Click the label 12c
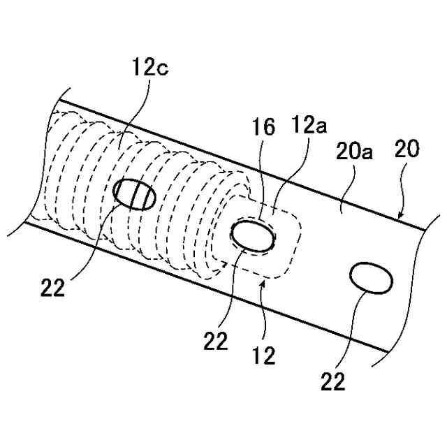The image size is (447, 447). tap(150, 68)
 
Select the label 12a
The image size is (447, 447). tap(307, 126)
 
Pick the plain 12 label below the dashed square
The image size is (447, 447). tap(265, 357)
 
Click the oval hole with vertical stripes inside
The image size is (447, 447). tap(135, 194)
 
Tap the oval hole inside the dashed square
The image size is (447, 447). tap(253, 235)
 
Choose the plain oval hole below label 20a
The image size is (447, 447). tap(371, 277)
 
